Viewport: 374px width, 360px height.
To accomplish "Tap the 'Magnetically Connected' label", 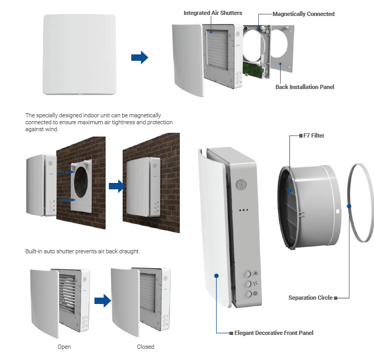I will (304, 14).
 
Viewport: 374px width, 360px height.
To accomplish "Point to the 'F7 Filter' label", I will (315, 136).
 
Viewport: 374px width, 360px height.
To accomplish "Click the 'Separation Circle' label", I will (310, 298).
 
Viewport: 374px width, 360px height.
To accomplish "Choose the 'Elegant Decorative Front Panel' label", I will (274, 333).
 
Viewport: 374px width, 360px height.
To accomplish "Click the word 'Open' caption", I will (64, 347).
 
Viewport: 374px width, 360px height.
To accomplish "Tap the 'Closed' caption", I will (145, 347).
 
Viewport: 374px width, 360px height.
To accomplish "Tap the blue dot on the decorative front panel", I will (217, 276).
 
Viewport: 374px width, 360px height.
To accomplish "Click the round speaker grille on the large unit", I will (242, 185).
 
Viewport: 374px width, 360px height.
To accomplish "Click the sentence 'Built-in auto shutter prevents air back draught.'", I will (83, 251).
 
